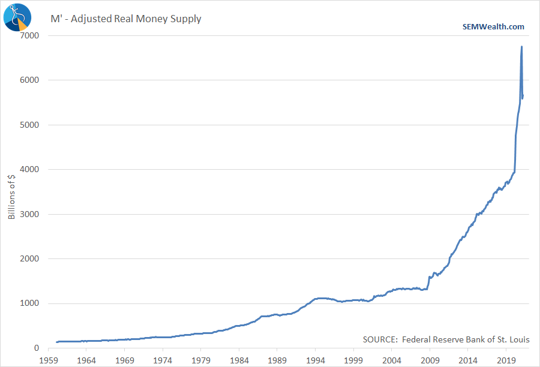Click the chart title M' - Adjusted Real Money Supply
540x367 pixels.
click(125, 19)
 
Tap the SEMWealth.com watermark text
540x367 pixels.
click(493, 26)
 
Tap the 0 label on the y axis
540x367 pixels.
click(37, 348)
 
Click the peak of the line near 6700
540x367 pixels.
click(521, 47)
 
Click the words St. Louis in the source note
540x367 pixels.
click(513, 339)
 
